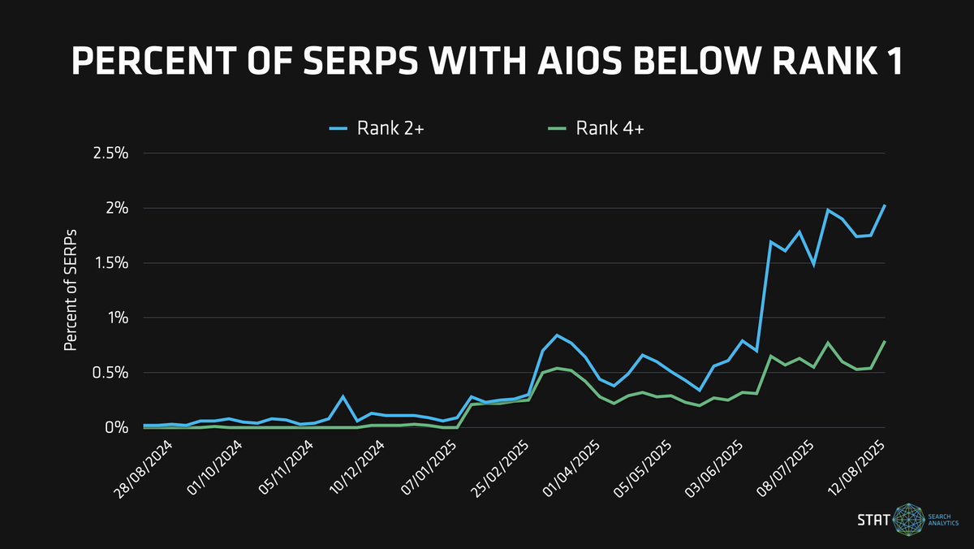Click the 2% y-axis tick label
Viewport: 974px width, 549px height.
(117, 209)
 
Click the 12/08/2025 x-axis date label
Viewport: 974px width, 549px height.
(856, 466)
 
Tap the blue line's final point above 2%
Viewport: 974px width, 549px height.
(884, 205)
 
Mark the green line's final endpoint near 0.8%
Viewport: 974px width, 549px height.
(884, 342)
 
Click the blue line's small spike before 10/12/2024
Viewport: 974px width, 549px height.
(343, 396)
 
